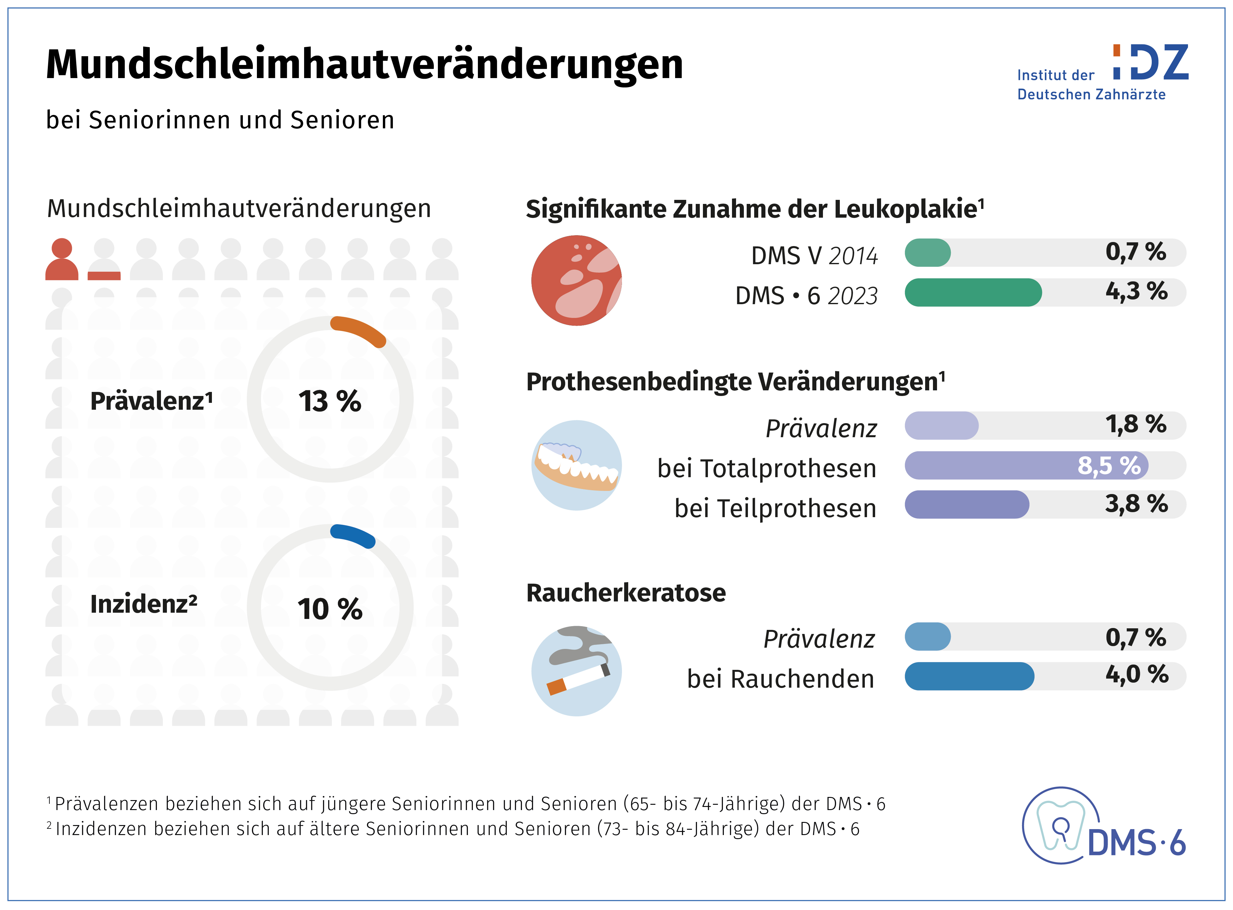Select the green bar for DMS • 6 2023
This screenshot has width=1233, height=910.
[973, 293]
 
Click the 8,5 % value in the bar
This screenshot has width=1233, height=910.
[1108, 466]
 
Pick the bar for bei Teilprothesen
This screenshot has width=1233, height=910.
[966, 505]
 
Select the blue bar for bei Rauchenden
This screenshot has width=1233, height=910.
[969, 676]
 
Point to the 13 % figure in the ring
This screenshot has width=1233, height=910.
[330, 401]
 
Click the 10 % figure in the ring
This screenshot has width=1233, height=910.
[330, 609]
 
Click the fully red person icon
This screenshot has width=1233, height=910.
[62, 260]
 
